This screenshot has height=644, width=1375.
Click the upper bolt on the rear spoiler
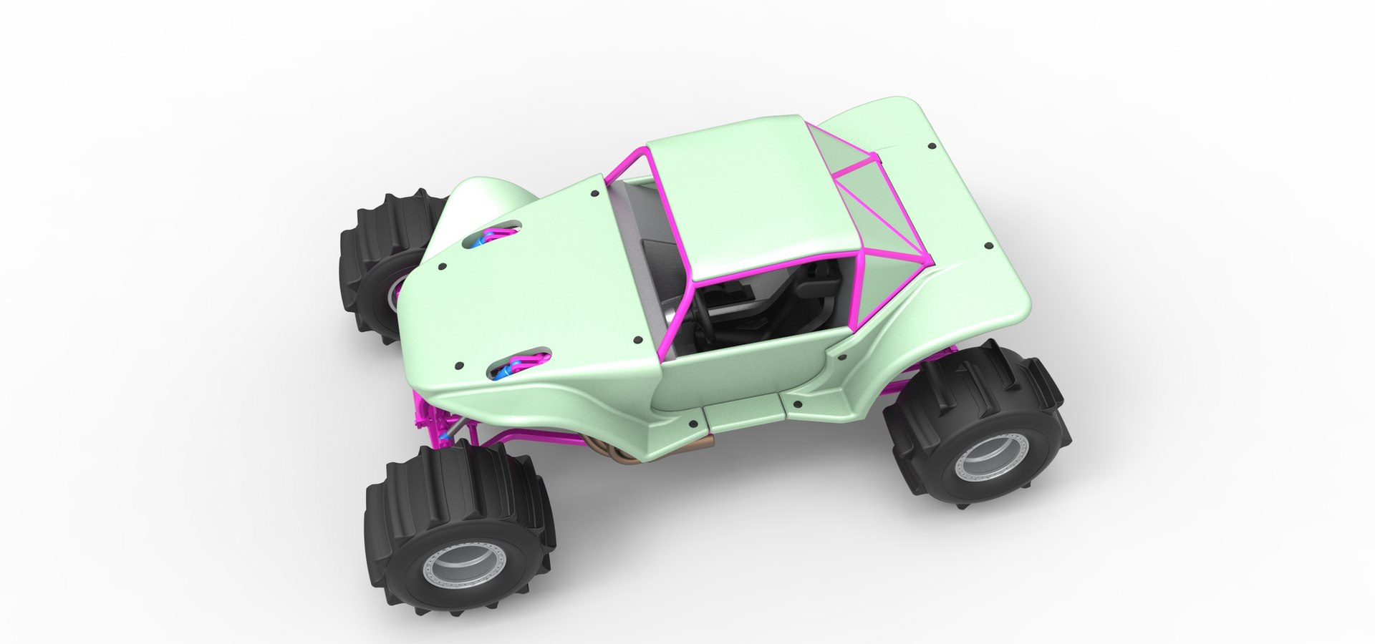point(930,146)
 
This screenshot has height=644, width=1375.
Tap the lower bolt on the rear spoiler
point(989,245)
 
